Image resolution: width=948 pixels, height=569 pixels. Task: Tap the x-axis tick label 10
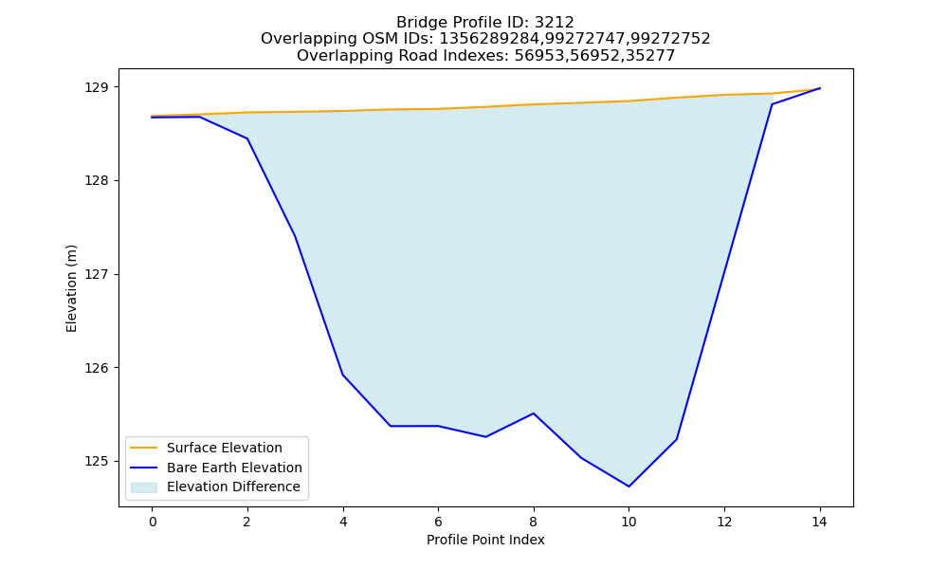click(629, 522)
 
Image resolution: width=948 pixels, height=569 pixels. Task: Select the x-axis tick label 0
click(153, 522)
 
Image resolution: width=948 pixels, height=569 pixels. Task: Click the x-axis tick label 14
click(819, 522)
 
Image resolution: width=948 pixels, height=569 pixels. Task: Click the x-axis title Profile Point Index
click(485, 540)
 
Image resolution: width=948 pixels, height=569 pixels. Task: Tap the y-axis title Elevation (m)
click(71, 288)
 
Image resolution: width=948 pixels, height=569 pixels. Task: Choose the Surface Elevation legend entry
click(206, 448)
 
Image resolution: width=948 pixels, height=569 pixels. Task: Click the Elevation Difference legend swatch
click(144, 487)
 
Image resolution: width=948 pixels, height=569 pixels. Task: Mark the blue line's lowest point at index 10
click(629, 486)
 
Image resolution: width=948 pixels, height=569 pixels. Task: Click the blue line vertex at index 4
click(343, 375)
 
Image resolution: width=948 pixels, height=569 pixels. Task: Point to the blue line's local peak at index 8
click(533, 413)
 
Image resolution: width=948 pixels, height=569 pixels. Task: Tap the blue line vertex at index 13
click(772, 104)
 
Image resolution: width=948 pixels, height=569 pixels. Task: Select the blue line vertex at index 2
click(247, 138)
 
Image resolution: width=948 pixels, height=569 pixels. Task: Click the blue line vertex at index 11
click(677, 439)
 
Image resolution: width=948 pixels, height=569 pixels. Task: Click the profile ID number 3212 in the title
click(555, 23)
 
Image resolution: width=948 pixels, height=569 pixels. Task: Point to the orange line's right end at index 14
click(820, 88)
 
